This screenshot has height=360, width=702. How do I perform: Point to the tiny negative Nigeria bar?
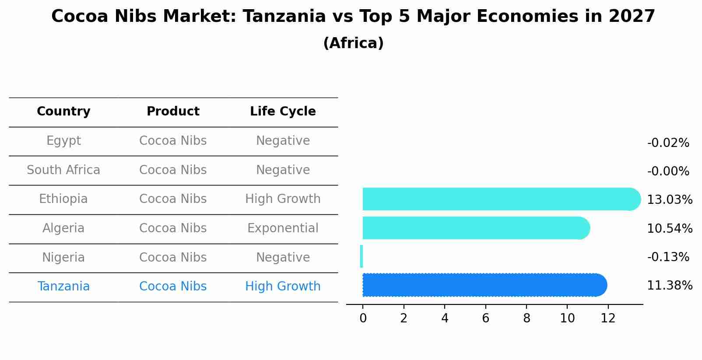(362, 256)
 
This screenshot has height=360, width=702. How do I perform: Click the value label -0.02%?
(668, 143)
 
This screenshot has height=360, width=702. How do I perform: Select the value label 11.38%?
(670, 286)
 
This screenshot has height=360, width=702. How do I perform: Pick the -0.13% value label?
(668, 257)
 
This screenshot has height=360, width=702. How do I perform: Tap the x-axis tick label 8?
(526, 318)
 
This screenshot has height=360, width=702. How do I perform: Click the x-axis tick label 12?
(608, 318)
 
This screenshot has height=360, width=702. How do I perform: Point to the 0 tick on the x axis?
(363, 318)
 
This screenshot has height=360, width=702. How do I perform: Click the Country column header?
(63, 112)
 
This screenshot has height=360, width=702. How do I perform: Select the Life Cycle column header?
(283, 112)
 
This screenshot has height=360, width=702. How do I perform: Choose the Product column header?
(173, 112)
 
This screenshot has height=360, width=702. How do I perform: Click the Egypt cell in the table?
(63, 141)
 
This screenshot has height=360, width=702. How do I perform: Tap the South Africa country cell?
(63, 170)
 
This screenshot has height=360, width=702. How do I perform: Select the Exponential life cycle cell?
(283, 228)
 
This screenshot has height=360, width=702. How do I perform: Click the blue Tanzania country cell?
(63, 287)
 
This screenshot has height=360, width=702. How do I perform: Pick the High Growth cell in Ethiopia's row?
(283, 199)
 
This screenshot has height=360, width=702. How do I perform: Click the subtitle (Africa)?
(353, 43)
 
